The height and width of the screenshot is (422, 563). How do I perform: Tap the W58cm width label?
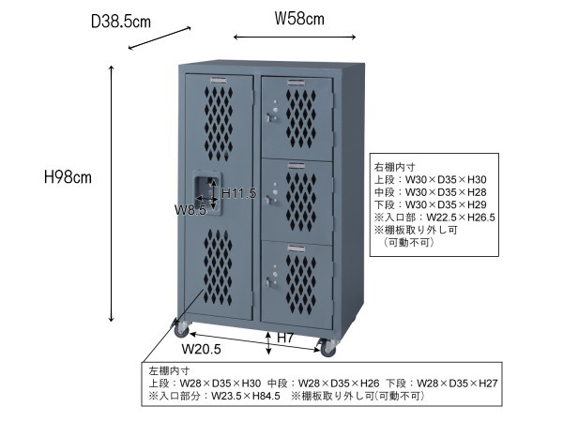pyautogui.click(x=299, y=17)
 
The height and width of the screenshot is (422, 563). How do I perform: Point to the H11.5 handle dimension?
pyautogui.click(x=238, y=193)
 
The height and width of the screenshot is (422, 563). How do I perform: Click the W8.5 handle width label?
pyautogui.click(x=190, y=210)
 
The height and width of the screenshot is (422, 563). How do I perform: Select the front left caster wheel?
pyautogui.click(x=178, y=328)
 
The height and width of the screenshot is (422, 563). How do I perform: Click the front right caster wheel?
pyautogui.click(x=327, y=348)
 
